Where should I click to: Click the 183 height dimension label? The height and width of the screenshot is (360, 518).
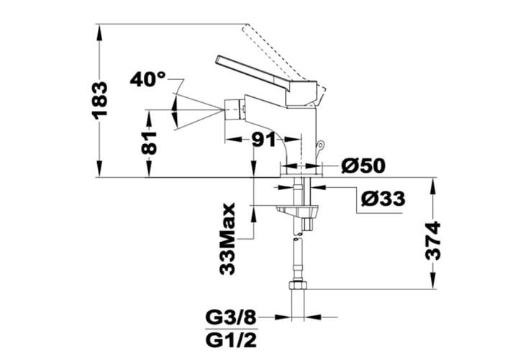point(99,101)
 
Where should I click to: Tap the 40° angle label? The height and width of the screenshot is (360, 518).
point(147,79)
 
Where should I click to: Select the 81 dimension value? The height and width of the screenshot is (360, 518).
point(149,143)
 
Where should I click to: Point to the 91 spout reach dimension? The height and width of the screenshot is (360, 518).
point(263,140)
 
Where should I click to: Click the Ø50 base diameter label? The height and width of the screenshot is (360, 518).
point(363,166)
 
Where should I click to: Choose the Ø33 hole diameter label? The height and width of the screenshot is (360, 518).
point(383,199)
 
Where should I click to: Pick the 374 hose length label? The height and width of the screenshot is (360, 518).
point(433,240)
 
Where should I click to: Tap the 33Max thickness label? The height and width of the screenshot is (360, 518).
point(227,239)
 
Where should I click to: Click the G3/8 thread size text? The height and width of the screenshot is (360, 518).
point(231,318)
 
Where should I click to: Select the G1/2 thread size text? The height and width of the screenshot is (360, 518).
point(231,340)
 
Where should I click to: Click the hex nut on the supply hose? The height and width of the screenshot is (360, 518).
point(298,285)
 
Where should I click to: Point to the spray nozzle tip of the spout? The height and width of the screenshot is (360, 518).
point(234,110)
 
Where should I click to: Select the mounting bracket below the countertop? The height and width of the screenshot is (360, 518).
point(297,211)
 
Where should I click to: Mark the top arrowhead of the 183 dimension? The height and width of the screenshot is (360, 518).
point(99,32)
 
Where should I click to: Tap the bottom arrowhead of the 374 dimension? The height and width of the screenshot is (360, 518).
point(433,282)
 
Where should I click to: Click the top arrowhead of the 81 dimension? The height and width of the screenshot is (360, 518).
point(149,118)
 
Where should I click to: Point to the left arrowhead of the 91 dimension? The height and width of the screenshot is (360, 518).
point(232,140)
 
